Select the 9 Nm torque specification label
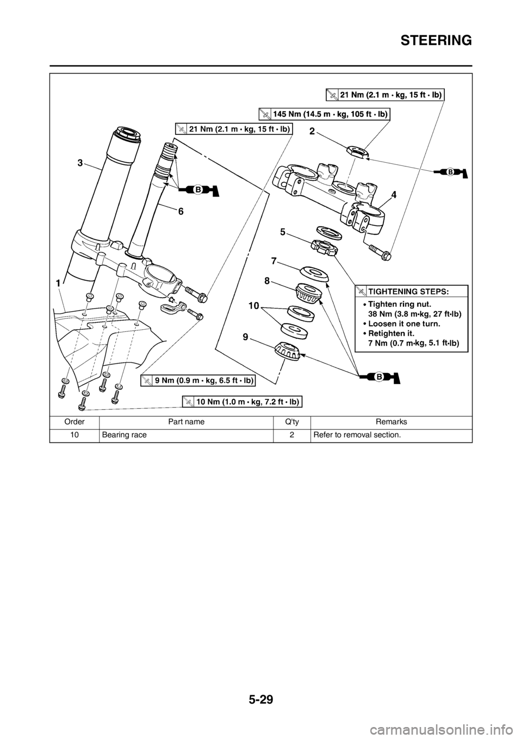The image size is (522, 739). [198, 380]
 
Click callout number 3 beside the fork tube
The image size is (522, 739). [79, 162]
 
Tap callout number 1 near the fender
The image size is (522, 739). [57, 284]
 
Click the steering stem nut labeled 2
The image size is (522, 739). [357, 151]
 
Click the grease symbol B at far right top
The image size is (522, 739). [451, 172]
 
